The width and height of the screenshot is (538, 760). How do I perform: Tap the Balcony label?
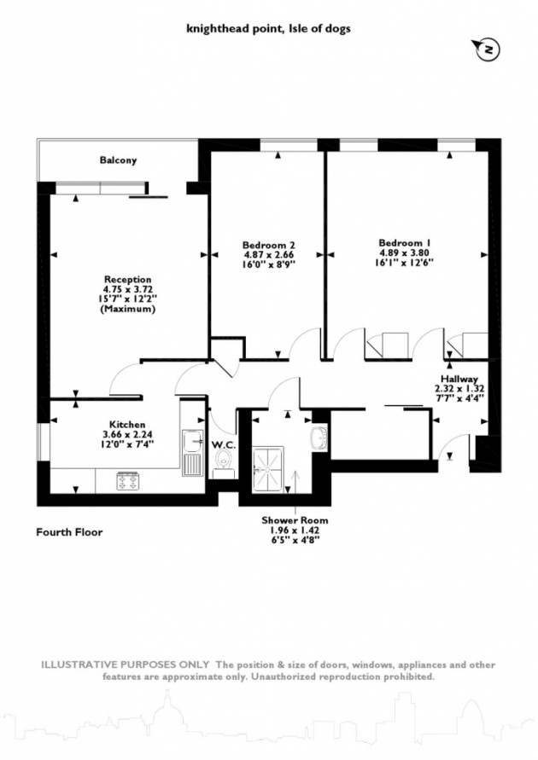pos(118,160)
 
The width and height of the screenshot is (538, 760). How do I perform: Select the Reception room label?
pos(127,280)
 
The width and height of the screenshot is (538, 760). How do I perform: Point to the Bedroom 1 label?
pos(405,242)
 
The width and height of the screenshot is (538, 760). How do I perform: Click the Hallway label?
pos(459,379)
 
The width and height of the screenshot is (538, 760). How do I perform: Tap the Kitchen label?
pos(126,424)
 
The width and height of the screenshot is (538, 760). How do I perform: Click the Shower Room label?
pos(295,519)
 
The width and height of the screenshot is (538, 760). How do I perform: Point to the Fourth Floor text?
pos(69,532)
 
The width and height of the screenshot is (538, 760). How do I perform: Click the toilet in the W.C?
pos(224,463)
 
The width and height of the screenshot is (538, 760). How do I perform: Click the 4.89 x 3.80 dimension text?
pos(405,252)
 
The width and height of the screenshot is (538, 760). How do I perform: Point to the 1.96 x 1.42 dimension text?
pos(295,529)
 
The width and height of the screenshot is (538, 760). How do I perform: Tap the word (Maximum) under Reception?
pos(127,310)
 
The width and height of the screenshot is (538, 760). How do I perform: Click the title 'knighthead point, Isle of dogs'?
pos(268,28)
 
